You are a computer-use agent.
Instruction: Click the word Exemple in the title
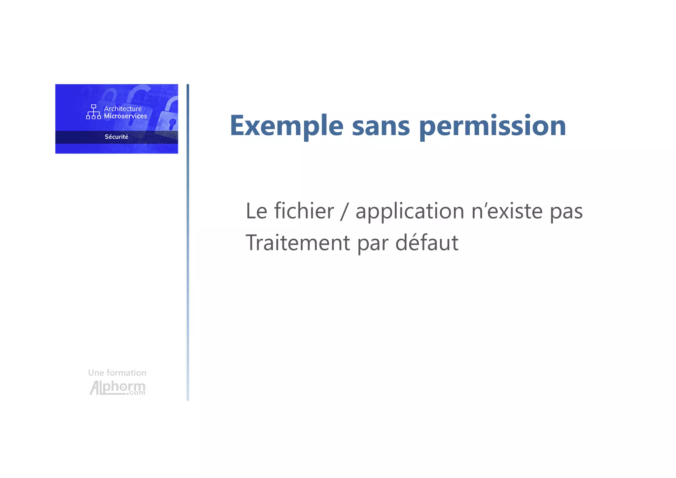(x=287, y=126)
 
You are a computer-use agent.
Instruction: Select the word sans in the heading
(x=381, y=126)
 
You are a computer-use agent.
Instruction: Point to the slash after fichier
(x=344, y=211)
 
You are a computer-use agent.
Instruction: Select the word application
(x=410, y=211)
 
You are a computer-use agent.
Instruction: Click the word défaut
(x=427, y=243)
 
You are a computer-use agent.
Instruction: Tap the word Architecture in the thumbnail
(x=123, y=109)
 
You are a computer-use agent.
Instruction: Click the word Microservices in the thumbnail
(x=125, y=116)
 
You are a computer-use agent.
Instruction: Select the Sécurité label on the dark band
(x=117, y=137)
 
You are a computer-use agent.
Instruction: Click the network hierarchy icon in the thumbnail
(x=93, y=112)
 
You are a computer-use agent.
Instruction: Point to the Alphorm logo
(x=118, y=388)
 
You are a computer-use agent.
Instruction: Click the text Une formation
(x=117, y=373)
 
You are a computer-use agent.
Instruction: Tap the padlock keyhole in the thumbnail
(x=172, y=124)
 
